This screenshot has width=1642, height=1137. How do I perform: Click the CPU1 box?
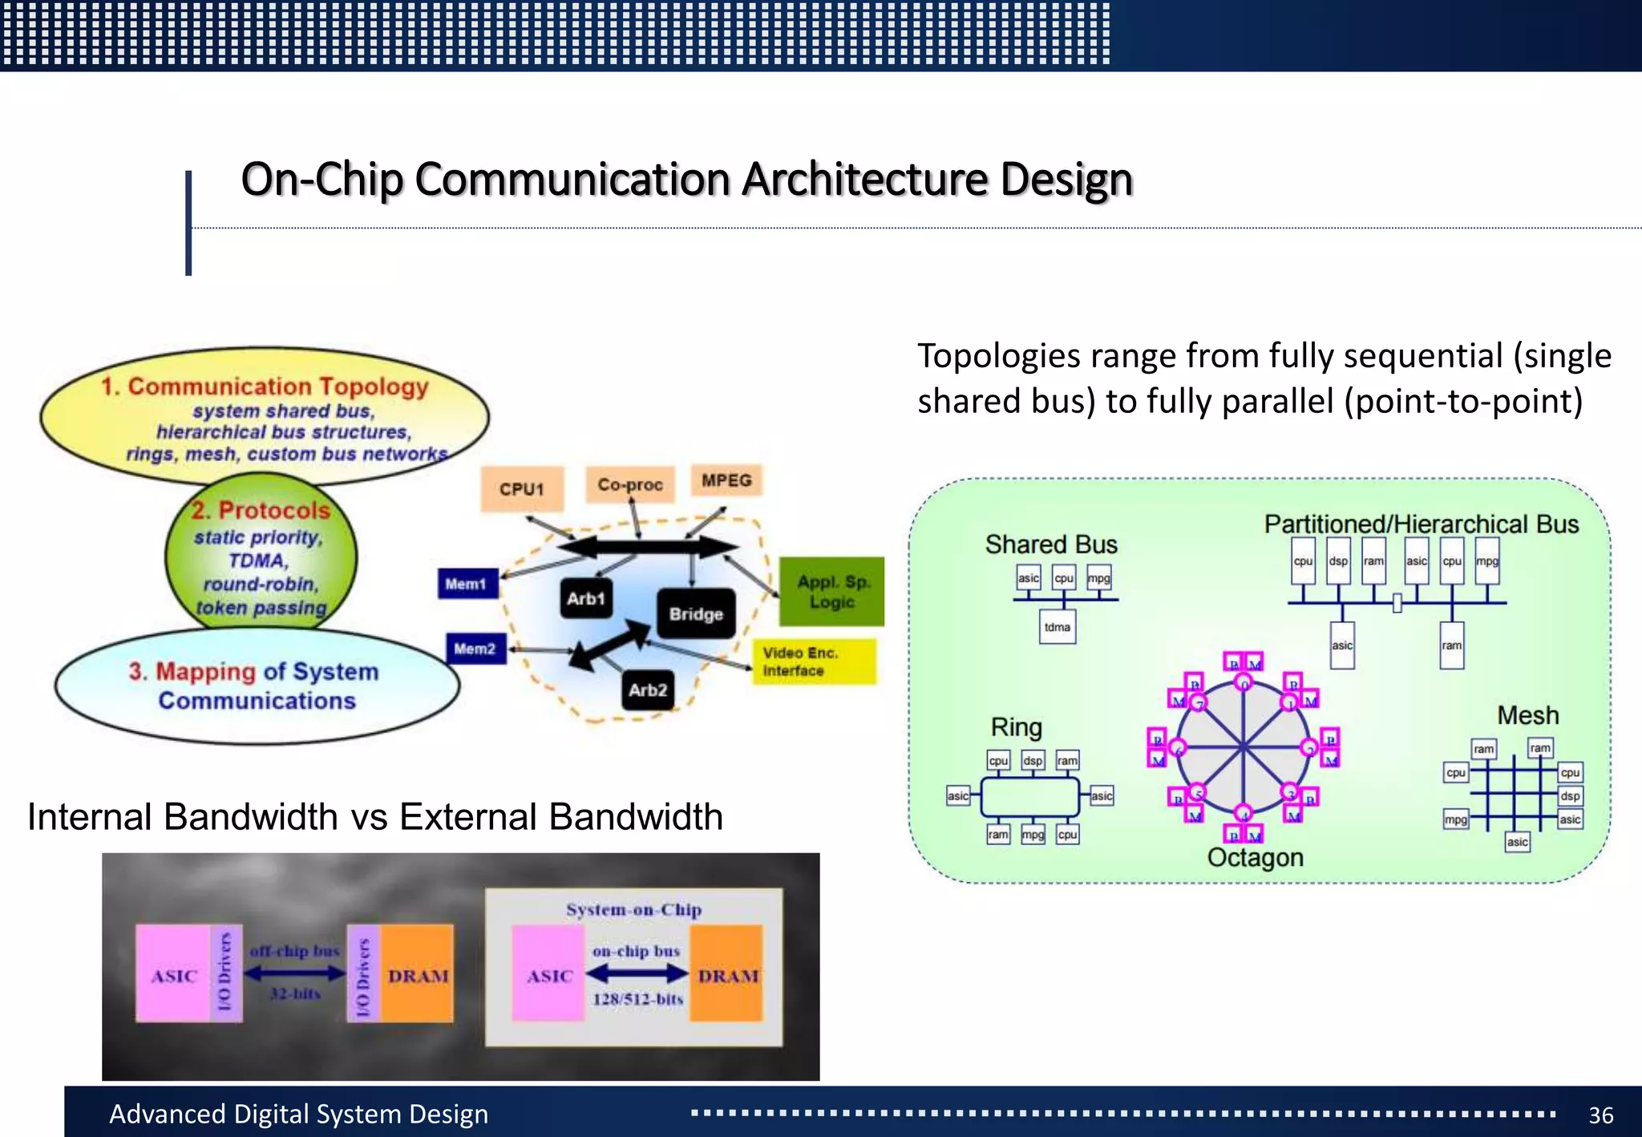(522, 488)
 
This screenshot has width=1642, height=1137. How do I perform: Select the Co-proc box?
(630, 484)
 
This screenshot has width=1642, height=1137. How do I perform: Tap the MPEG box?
(726, 480)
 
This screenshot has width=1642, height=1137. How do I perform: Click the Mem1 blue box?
(467, 584)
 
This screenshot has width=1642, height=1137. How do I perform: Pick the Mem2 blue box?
(475, 648)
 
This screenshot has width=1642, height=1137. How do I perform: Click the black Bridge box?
(696, 613)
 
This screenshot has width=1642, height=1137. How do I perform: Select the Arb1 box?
(585, 598)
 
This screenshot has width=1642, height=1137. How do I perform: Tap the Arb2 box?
(648, 690)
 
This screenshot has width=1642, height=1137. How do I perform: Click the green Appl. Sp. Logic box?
(831, 592)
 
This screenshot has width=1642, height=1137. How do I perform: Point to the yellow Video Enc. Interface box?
(813, 662)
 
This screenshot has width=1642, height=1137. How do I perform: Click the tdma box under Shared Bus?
(1057, 627)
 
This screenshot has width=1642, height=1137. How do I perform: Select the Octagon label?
(1255, 857)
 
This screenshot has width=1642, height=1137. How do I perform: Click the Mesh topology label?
(1527, 715)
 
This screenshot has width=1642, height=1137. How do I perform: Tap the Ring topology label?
(1016, 727)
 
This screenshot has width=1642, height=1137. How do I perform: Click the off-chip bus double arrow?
(295, 973)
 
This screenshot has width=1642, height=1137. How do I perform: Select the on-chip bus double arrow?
(637, 973)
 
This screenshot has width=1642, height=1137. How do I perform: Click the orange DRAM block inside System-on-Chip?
(727, 973)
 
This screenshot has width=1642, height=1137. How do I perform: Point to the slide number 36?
(1600, 1115)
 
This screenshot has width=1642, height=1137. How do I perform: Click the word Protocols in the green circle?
(273, 510)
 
